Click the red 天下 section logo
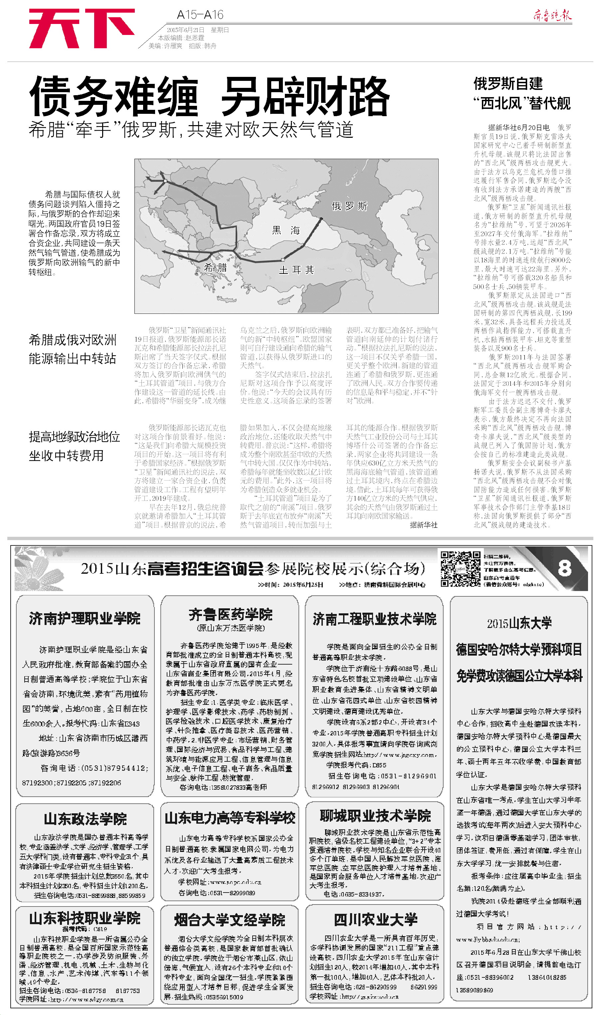[x=82, y=28]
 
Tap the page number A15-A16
[x=200, y=15]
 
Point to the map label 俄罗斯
[x=349, y=206]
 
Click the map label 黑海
[x=286, y=230]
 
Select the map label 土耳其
[x=297, y=270]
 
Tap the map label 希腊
[x=216, y=268]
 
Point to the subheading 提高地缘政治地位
[x=75, y=437]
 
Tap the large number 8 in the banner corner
[x=564, y=568]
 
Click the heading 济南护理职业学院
[x=85, y=618]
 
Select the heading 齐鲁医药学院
[x=230, y=614]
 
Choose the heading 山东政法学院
[x=85, y=819]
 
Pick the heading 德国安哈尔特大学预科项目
[x=519, y=649]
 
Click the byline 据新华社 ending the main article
[x=423, y=525]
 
